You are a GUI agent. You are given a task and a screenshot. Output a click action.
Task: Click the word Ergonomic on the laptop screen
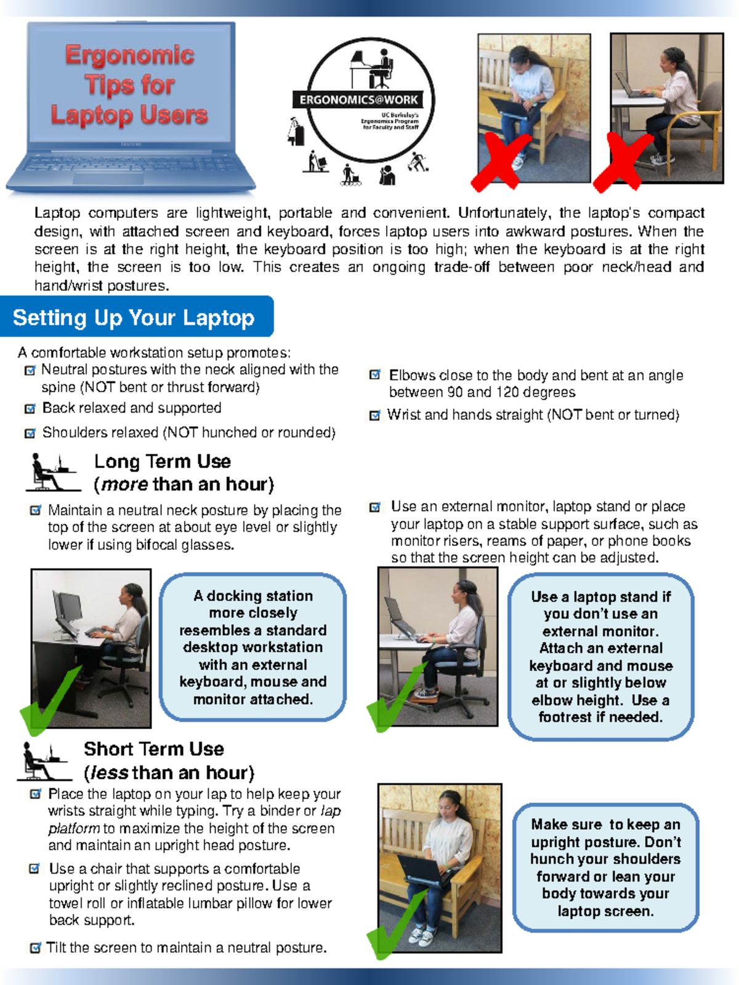129,55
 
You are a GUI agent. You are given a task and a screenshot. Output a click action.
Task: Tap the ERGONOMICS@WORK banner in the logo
359,100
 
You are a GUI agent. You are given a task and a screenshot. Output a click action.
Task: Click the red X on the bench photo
500,161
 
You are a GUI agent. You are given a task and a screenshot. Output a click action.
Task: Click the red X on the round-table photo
622,163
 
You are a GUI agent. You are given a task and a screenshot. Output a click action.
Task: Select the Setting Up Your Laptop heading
134,318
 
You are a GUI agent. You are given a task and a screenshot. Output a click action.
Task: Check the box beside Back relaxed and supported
30,409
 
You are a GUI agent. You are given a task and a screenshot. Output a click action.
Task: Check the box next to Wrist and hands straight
374,416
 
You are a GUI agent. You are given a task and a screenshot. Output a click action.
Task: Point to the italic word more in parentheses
124,484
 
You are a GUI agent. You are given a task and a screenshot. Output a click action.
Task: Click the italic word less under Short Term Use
109,773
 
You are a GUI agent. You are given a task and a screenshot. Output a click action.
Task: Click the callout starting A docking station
252,647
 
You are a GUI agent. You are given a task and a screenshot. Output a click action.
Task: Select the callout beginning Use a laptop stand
600,656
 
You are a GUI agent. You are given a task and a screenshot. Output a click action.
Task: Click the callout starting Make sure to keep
605,867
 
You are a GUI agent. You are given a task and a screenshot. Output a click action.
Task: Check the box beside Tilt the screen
36,948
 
